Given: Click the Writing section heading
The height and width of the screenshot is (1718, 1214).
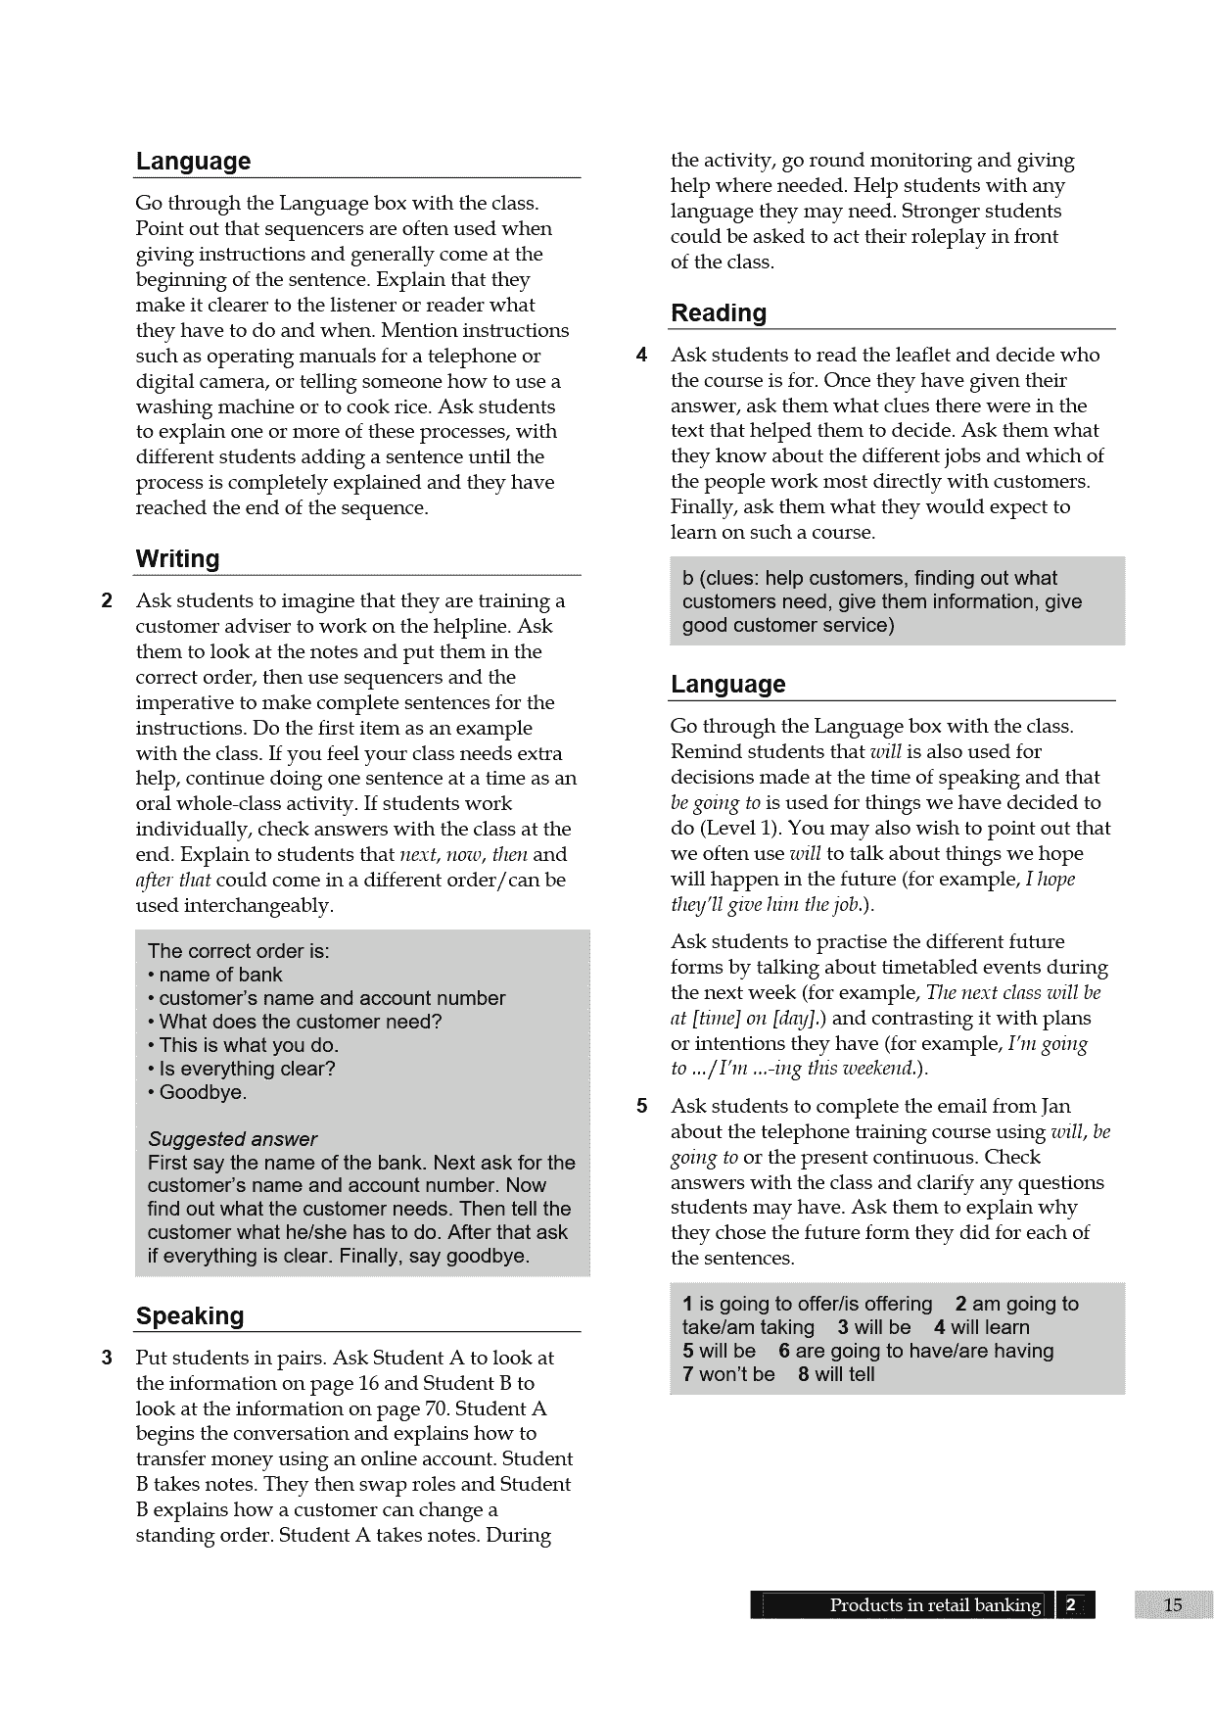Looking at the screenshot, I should click(177, 559).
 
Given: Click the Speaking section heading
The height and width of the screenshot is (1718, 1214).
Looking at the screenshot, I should click(190, 1316).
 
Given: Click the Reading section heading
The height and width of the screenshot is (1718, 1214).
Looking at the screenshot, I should click(718, 313).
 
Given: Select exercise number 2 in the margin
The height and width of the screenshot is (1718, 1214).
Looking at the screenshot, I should click(108, 600).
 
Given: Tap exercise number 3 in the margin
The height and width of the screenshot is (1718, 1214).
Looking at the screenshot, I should click(108, 1358).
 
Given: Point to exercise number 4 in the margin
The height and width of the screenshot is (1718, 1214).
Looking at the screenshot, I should click(641, 355).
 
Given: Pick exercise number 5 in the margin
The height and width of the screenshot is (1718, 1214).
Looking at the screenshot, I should click(641, 1107).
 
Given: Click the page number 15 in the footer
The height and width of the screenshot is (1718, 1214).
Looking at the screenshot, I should click(1173, 1604).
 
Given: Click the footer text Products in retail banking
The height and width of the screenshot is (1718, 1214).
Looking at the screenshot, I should click(935, 1604).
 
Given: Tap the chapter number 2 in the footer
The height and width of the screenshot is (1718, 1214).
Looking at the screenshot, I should click(1070, 1604).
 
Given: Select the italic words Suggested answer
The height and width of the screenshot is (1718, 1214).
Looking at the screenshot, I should click(232, 1139).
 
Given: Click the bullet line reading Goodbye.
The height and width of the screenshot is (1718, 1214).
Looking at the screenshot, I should click(203, 1092).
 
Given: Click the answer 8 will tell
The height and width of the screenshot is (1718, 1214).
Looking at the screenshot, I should click(836, 1374).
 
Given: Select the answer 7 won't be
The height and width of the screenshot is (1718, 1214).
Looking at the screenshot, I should click(728, 1374).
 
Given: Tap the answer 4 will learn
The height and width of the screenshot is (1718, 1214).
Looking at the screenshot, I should click(981, 1327).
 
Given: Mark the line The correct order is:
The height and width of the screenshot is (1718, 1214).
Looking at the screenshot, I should click(238, 951).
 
